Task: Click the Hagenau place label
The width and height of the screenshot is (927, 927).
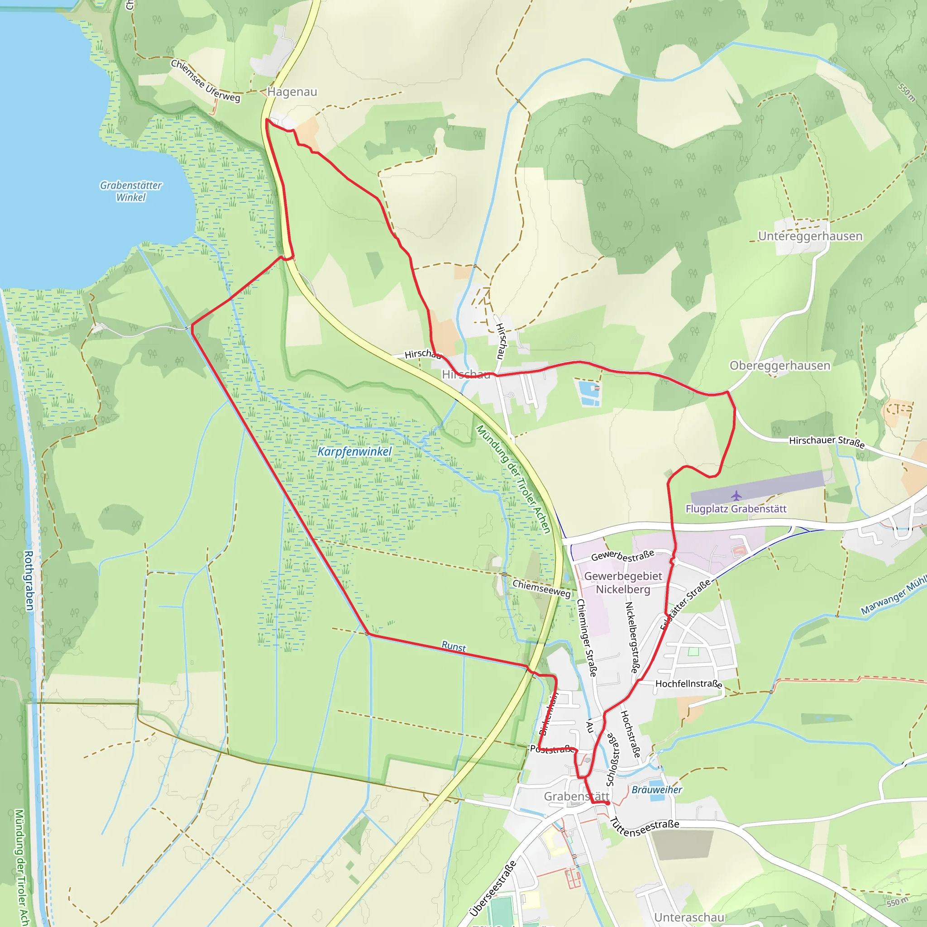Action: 292,91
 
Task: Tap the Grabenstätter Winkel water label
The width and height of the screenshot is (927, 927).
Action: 130,191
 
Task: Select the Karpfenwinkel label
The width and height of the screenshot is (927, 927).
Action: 354,451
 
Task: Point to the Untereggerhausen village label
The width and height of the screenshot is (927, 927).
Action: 810,236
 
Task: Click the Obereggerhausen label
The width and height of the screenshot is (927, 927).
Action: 780,366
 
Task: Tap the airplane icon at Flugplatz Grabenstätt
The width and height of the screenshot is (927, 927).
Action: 736,495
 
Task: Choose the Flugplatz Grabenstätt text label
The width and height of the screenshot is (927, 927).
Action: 736,509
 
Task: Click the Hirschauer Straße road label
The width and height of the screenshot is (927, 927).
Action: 827,441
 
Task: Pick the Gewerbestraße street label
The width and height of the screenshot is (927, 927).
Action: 622,556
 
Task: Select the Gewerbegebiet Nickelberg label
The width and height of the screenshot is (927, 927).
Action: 623,583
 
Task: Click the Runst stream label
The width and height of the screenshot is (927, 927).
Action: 454,647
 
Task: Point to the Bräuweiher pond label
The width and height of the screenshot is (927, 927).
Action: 656,790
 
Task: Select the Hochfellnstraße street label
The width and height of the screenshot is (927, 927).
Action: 688,684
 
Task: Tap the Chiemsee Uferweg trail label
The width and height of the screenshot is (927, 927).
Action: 205,81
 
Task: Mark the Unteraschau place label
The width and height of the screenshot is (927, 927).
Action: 689,917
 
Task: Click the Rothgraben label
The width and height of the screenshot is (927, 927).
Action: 29,581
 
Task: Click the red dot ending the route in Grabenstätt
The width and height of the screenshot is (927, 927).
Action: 607,803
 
